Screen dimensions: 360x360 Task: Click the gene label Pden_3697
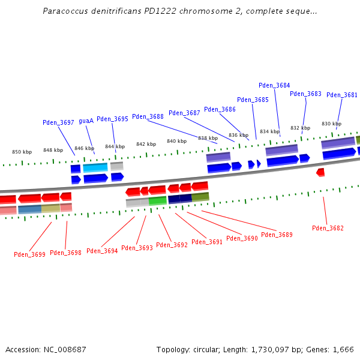tap(58, 122)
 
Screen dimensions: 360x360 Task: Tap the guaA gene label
tap(86, 121)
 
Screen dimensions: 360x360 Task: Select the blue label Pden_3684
tap(274, 85)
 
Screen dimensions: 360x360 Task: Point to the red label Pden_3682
tap(328, 228)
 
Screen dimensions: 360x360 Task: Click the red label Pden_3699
tap(29, 254)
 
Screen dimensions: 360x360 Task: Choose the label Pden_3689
tap(277, 235)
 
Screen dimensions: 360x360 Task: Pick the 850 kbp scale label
tap(22, 152)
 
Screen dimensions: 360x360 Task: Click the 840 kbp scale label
tap(176, 141)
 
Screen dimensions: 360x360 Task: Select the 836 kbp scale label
tap(238, 135)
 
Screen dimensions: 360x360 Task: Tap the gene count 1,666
tap(343, 349)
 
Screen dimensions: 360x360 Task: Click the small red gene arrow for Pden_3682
tap(320, 172)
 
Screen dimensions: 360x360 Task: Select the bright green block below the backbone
tap(158, 200)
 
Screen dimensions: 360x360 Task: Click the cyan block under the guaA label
tap(95, 167)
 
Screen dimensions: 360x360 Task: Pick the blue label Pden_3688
tap(148, 116)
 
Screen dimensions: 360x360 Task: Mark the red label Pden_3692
tap(172, 245)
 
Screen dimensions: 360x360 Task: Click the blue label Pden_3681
tap(342, 95)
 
